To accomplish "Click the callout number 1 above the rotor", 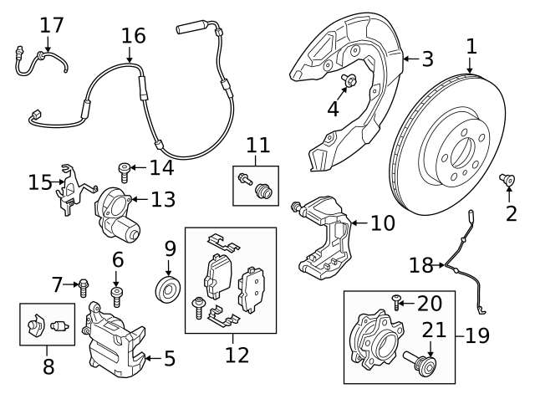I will point(471,47).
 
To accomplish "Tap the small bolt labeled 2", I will point(506,179).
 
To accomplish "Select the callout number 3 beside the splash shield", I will point(427,59).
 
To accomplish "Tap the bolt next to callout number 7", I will point(84,289).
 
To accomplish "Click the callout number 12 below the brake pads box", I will point(237,355).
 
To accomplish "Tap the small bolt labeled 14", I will point(124,171).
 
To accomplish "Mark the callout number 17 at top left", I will point(51,25).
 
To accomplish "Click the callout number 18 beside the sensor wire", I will point(421,266).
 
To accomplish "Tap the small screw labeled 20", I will point(396,301).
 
